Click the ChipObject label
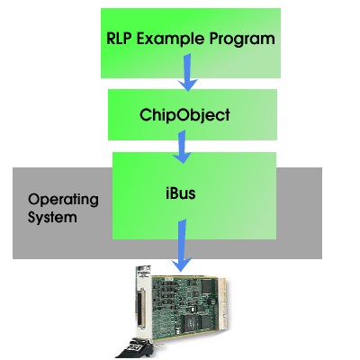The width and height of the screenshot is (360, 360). pos(184,115)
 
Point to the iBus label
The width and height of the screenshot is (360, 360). pos(181,193)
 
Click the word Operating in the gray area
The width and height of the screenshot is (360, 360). pos(63,200)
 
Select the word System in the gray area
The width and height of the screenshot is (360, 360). pos(52,217)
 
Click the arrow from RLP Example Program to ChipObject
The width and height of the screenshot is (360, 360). pos(187,72)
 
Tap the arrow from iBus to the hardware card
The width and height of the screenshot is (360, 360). pos(182,246)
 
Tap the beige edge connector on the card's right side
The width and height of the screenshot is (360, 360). pos(222,303)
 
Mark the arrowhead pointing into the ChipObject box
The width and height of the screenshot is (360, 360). pos(187,85)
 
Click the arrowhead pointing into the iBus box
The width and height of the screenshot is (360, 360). pos(182,158)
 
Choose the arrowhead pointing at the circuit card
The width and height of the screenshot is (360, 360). pos(182,265)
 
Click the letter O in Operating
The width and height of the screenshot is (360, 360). pos(34,200)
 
